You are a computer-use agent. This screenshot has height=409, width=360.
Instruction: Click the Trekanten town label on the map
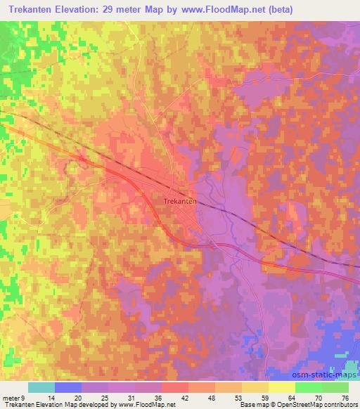pyautogui.click(x=179, y=200)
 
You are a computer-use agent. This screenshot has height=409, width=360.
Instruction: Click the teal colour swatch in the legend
pyautogui.click(x=41, y=387)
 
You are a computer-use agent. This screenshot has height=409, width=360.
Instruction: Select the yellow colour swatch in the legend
pyautogui.click(x=282, y=387)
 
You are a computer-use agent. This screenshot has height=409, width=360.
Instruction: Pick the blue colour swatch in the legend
pyautogui.click(x=68, y=387)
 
